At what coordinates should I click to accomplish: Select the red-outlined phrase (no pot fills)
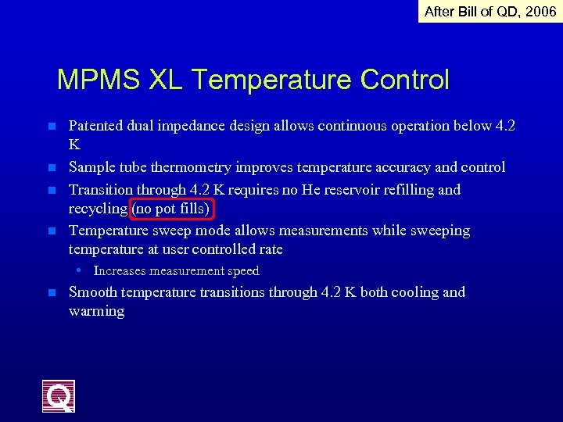tap(172, 209)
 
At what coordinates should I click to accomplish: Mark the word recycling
tap(98, 209)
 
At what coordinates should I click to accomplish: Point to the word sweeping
tap(441, 231)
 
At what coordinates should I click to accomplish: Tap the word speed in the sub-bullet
tap(243, 271)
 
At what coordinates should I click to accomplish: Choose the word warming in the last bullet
tap(96, 311)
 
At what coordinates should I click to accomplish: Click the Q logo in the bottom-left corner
tap(59, 395)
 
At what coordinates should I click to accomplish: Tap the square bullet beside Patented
tap(51, 126)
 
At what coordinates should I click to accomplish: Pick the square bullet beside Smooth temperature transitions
tap(51, 293)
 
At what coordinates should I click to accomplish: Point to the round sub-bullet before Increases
tap(80, 270)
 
